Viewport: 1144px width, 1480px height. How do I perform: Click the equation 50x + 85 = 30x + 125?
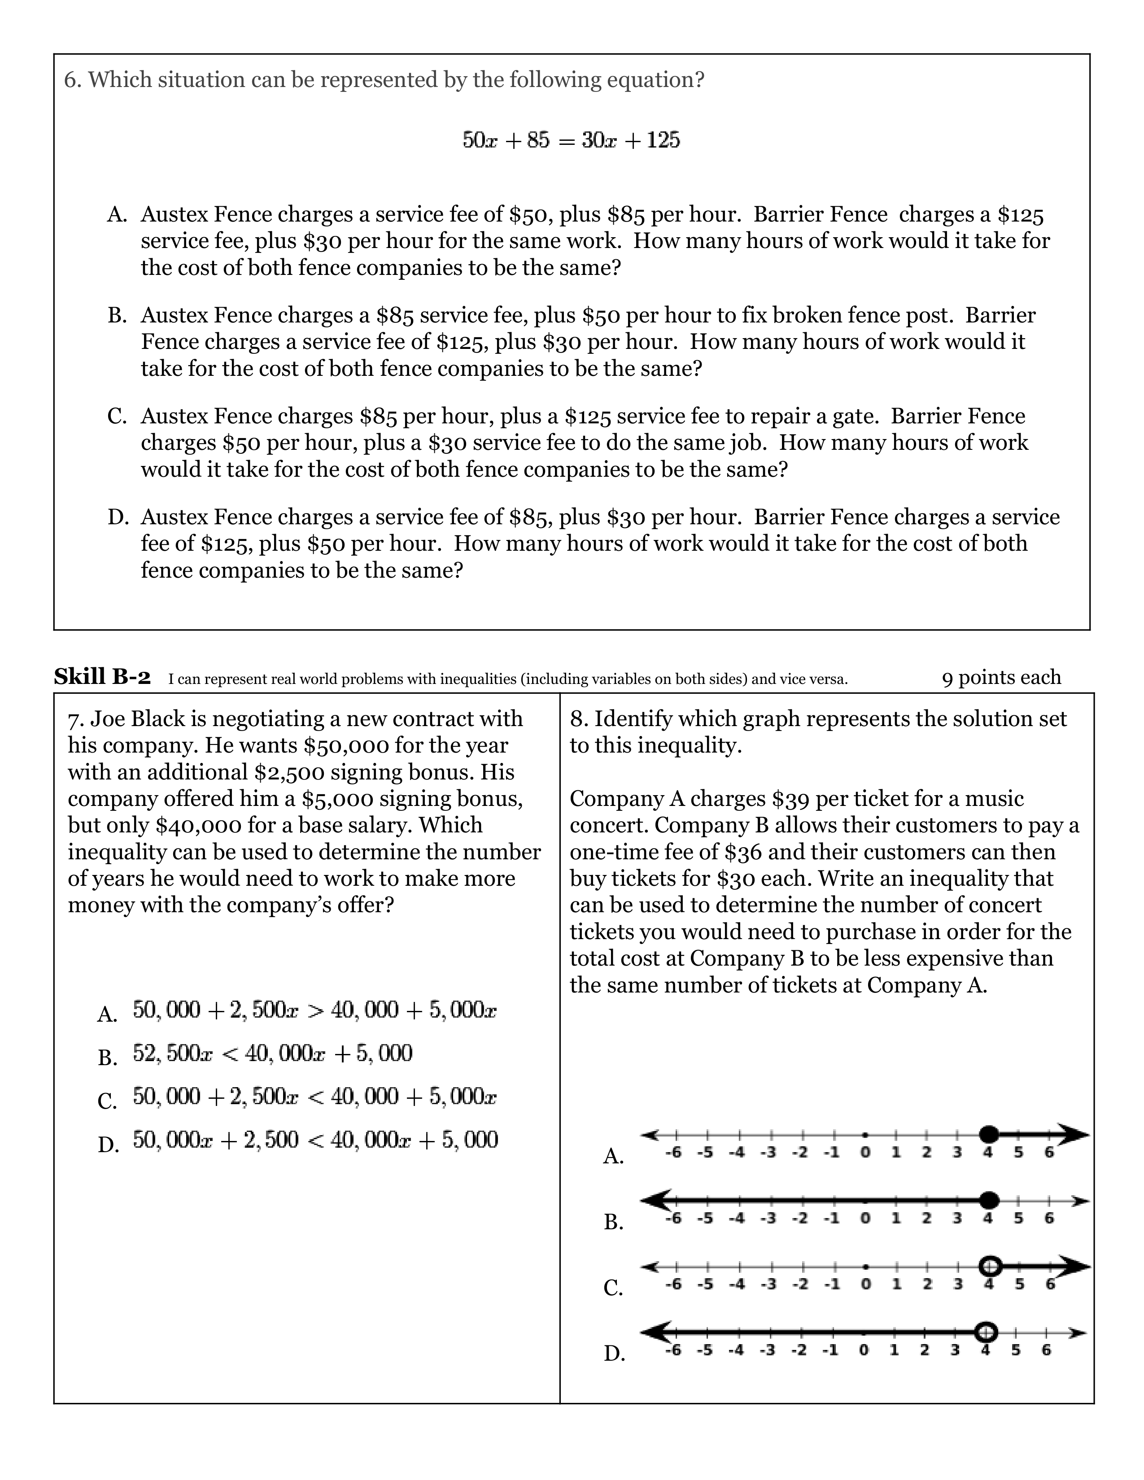[x=571, y=140]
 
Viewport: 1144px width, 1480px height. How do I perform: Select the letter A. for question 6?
[x=117, y=215]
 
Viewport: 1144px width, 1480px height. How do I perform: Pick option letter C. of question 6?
[x=117, y=416]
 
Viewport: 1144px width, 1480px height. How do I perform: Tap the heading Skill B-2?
[x=102, y=676]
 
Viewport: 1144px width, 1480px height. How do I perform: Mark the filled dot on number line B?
[x=990, y=1200]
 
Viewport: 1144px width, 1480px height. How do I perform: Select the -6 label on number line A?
[x=672, y=1153]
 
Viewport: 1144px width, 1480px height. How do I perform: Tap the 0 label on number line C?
[x=865, y=1284]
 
